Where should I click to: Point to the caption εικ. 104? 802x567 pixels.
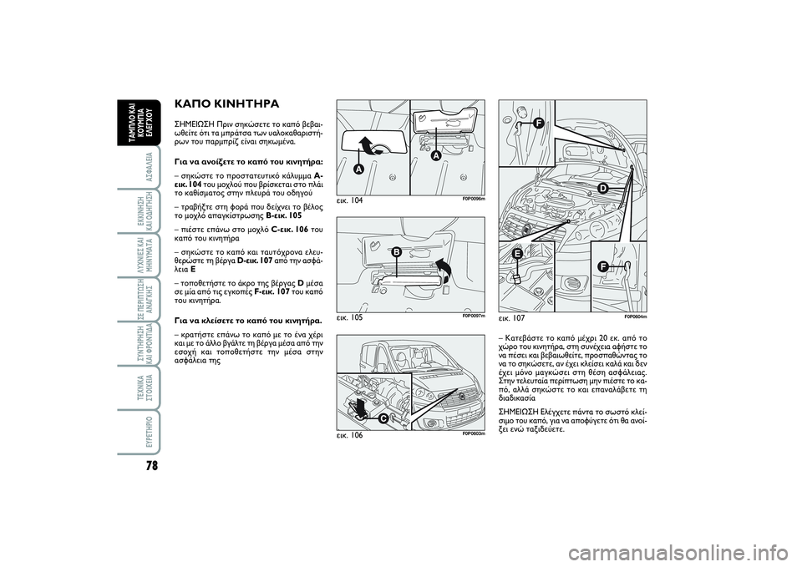(351, 201)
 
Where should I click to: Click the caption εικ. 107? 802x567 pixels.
(513, 318)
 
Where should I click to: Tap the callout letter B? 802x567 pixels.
(396, 251)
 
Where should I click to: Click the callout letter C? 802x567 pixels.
(382, 417)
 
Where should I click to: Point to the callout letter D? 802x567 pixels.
(601, 189)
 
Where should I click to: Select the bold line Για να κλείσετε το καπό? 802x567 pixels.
(240, 320)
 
